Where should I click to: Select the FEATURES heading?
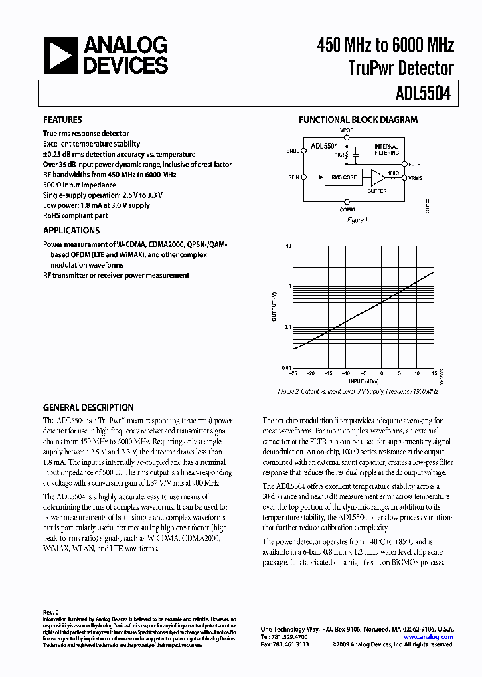(x=62, y=120)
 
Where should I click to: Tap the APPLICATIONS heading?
(x=71, y=231)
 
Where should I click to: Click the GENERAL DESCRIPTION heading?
(x=88, y=407)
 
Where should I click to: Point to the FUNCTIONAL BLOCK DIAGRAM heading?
(x=357, y=120)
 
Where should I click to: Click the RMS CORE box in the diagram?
(x=345, y=177)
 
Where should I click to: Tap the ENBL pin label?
(x=293, y=151)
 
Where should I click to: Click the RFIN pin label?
(x=293, y=177)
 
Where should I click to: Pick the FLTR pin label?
(x=414, y=163)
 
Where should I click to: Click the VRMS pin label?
(x=415, y=177)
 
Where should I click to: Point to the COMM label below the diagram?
(x=347, y=209)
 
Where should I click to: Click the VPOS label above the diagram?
(x=347, y=131)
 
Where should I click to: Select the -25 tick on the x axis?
(x=293, y=373)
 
